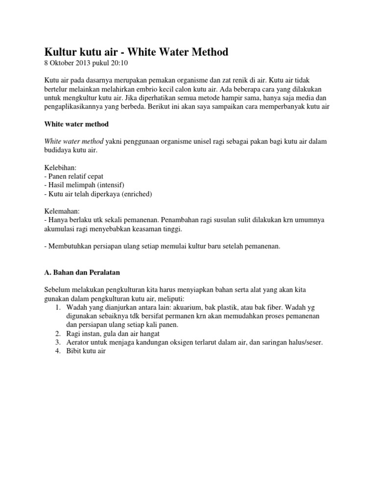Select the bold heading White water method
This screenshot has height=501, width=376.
76,124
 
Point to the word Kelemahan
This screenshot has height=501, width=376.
63,211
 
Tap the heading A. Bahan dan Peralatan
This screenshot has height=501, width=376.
83,272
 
